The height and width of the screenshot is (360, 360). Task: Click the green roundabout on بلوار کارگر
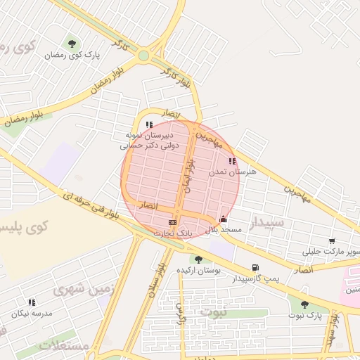tap(143, 55)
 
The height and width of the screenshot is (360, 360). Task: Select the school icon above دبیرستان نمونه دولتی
tap(149, 125)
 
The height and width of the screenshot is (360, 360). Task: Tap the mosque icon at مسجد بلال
tap(224, 219)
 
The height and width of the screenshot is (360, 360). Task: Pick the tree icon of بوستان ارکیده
tap(198, 259)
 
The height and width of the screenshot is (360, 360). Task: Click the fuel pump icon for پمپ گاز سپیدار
tap(255, 267)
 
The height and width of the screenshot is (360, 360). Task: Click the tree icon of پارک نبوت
tap(304, 304)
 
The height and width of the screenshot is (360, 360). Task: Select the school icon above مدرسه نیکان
tap(31, 302)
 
